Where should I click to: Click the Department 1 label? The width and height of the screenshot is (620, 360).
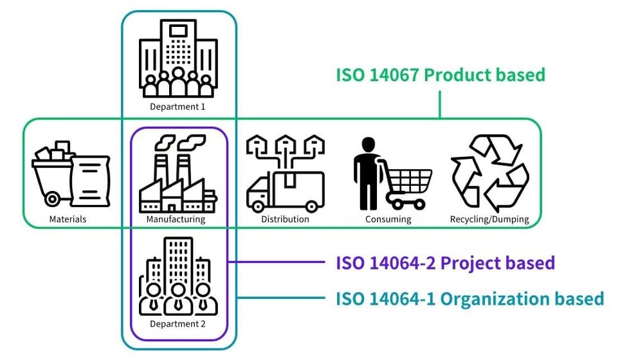178,107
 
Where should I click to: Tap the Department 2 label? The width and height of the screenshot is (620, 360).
178,324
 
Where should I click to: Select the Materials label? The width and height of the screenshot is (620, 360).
68,219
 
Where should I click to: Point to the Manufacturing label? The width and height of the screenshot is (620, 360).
176,219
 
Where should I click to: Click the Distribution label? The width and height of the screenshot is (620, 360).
285,219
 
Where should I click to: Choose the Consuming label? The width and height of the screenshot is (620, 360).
388,219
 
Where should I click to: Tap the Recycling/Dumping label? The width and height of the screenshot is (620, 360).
489,219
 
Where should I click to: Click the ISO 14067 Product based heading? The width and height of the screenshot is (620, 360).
441,75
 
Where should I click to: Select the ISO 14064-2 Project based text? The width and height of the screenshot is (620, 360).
445,263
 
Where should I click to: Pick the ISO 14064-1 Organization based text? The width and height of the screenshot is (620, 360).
470,298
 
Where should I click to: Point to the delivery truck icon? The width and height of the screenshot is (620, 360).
285,191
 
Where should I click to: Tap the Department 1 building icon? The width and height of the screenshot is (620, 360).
178,57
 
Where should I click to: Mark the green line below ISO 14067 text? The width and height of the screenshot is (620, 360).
440,104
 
